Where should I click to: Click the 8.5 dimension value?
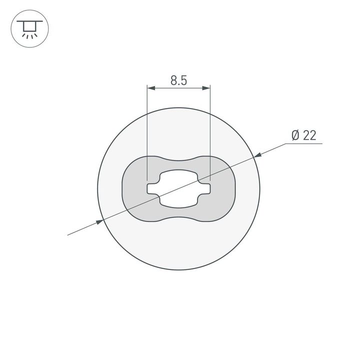(x=178, y=80)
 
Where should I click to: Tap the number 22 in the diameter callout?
(x=309, y=135)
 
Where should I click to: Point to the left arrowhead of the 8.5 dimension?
(x=150, y=88)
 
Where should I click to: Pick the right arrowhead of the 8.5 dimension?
(x=206, y=88)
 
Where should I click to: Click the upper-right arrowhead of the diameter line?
(x=257, y=157)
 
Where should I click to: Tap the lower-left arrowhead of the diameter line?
(x=99, y=221)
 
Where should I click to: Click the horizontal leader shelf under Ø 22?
(x=305, y=144)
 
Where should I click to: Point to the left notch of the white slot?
(x=151, y=188)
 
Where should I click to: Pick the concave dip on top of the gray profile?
(x=178, y=161)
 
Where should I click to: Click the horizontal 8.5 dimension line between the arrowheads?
(x=178, y=88)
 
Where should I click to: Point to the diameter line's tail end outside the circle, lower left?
(x=70, y=233)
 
